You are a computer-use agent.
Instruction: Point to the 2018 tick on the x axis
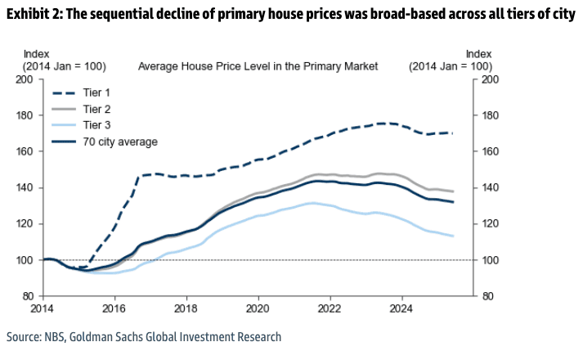(x=186, y=309)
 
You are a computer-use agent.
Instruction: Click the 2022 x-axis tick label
(x=330, y=309)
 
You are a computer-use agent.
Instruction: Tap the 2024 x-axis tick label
(x=401, y=309)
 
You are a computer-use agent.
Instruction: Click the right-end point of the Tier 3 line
(x=454, y=236)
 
